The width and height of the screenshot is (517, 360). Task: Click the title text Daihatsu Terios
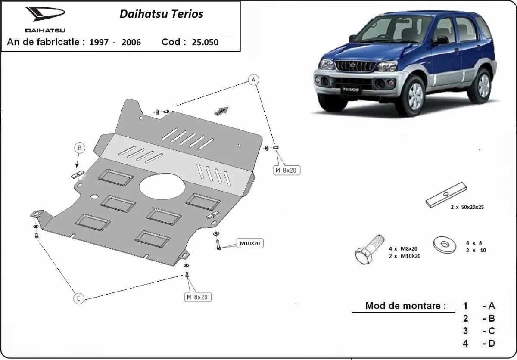[161, 14]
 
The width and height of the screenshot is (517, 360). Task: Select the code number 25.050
[205, 42]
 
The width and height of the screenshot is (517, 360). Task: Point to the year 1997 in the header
[99, 42]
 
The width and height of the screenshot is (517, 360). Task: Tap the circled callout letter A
[254, 80]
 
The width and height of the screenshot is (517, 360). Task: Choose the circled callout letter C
[78, 298]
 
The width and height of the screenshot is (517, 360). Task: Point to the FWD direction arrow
[221, 111]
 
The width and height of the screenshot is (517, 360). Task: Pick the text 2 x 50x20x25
[468, 207]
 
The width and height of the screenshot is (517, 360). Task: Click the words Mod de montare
[405, 306]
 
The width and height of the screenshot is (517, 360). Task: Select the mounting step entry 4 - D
[479, 343]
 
